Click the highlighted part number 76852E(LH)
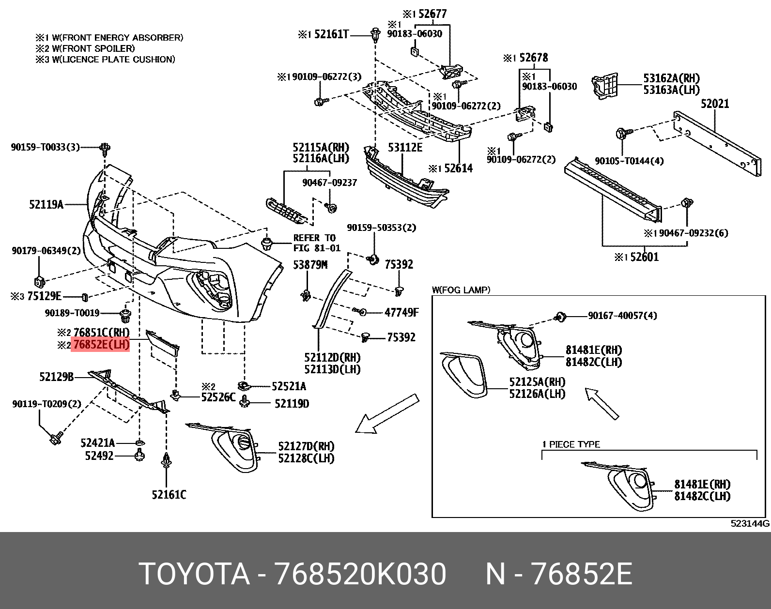pos(101,345)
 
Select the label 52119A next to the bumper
pos(46,205)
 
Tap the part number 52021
pos(715,104)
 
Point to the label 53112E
pos(405,147)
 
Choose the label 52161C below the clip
pos(169,495)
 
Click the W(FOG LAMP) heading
pos(461,290)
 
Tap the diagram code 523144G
pos(750,523)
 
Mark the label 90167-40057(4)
pos(622,316)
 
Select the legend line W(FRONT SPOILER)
pos(85,48)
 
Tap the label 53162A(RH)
pos(671,78)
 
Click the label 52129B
pos(56,376)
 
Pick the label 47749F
pos(401,313)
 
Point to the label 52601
pos(644,257)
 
